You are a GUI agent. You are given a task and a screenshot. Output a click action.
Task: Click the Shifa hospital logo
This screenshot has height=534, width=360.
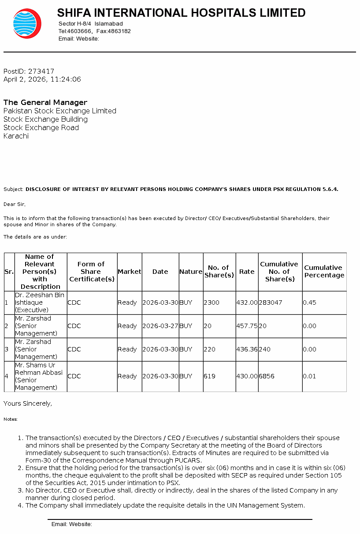tap(27, 23)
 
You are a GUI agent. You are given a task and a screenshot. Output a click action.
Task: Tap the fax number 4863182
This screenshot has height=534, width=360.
tap(119, 31)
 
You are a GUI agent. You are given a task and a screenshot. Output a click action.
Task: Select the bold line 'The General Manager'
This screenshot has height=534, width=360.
tap(45, 102)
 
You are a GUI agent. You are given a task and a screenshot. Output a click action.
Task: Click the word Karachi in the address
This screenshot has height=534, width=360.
tap(16, 136)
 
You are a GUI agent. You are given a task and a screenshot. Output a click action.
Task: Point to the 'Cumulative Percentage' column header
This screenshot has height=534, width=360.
tap(324, 271)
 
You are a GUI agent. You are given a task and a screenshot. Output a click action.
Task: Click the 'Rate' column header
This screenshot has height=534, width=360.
tap(247, 272)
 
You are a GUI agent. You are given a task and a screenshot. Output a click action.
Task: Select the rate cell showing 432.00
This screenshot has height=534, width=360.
tap(247, 302)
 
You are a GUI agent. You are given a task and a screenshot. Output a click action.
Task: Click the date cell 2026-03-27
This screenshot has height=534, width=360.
tap(160, 326)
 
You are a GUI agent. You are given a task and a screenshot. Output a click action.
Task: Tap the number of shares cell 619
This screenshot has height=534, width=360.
tap(209, 376)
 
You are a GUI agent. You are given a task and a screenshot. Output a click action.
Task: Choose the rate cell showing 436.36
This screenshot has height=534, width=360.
tap(247, 349)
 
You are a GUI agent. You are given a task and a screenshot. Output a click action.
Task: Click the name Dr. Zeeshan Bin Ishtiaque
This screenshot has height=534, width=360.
tap(40, 299)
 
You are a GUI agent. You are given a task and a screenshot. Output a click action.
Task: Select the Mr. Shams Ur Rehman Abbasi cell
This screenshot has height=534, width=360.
tap(39, 376)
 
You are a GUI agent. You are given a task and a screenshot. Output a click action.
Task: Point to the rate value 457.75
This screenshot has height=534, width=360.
tap(247, 326)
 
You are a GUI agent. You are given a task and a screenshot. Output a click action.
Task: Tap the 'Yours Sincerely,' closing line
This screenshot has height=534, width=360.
tap(28, 403)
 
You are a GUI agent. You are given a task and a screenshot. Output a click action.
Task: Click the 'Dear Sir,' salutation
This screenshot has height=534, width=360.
tap(15, 204)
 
